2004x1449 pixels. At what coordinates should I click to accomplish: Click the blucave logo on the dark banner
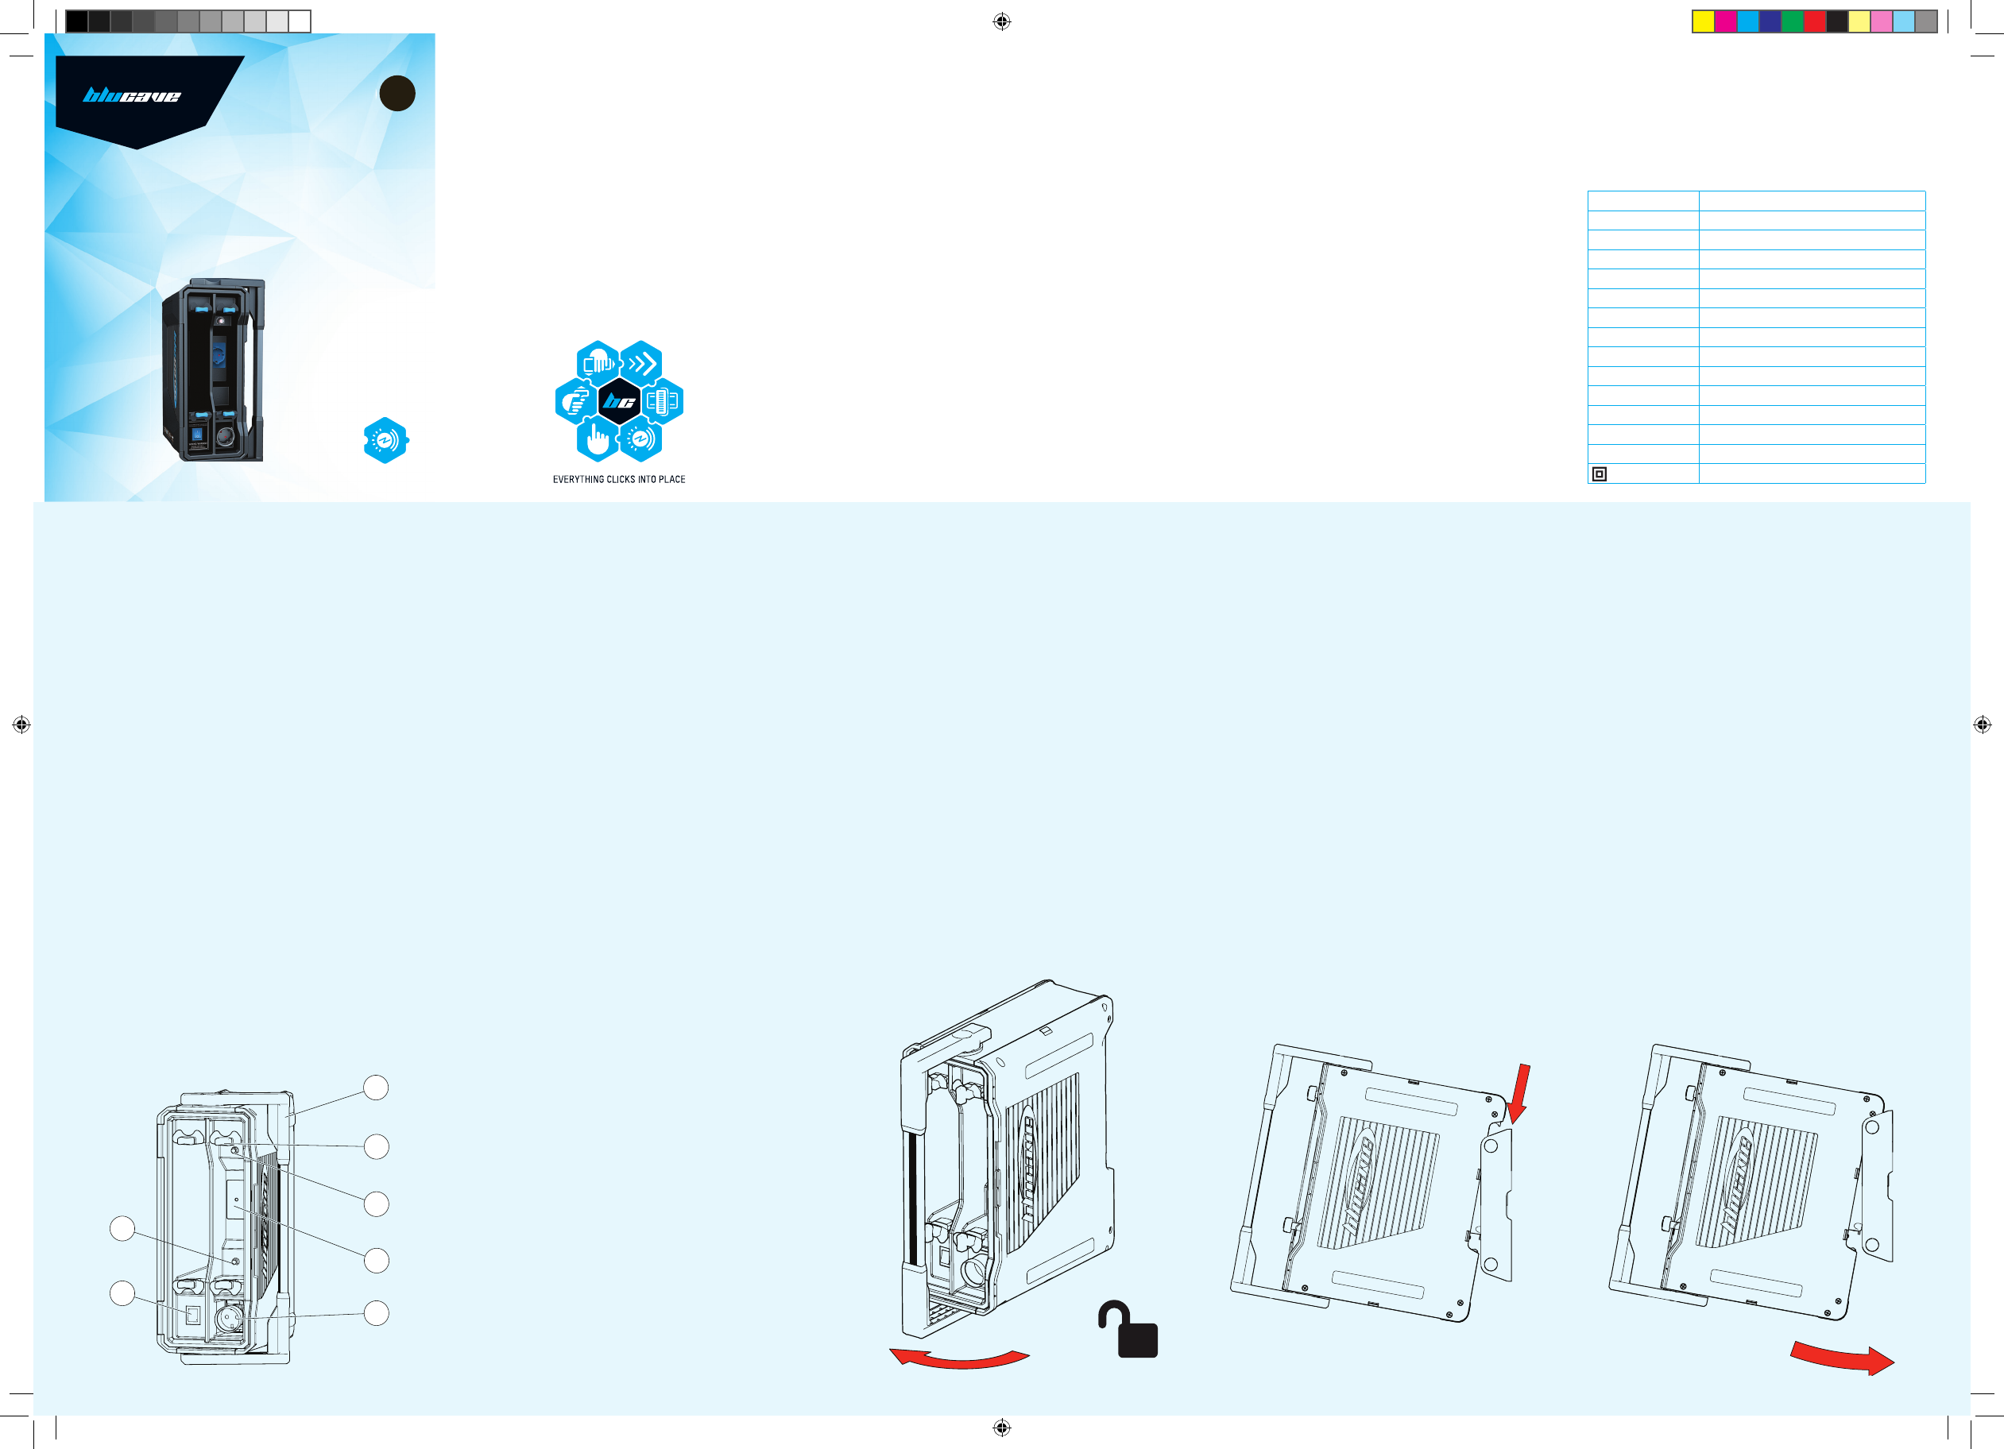click(132, 95)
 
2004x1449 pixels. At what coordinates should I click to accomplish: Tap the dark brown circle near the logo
click(397, 94)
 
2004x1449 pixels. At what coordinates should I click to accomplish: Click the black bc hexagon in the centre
click(618, 402)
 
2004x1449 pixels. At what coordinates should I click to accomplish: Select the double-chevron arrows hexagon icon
click(641, 363)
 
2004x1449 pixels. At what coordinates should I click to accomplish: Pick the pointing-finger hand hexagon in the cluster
click(598, 439)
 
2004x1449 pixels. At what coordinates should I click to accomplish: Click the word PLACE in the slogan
click(671, 480)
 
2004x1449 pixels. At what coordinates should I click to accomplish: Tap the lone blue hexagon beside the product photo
click(385, 440)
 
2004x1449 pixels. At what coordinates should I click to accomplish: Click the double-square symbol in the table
click(1599, 474)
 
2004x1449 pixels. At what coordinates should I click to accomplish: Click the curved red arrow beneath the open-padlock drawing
click(960, 1358)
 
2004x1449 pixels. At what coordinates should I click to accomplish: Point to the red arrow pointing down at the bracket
click(1520, 1093)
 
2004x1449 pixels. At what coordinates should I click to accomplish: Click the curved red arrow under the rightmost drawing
click(1843, 1358)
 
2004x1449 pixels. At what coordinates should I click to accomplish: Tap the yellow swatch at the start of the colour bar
click(1703, 21)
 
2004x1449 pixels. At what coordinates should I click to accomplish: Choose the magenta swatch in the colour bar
click(1725, 21)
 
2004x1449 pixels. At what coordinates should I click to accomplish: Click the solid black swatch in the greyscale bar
click(77, 21)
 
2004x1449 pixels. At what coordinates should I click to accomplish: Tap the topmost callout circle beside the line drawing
click(377, 1088)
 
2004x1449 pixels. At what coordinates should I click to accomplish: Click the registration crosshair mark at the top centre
click(1001, 21)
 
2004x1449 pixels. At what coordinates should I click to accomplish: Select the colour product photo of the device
click(213, 370)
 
